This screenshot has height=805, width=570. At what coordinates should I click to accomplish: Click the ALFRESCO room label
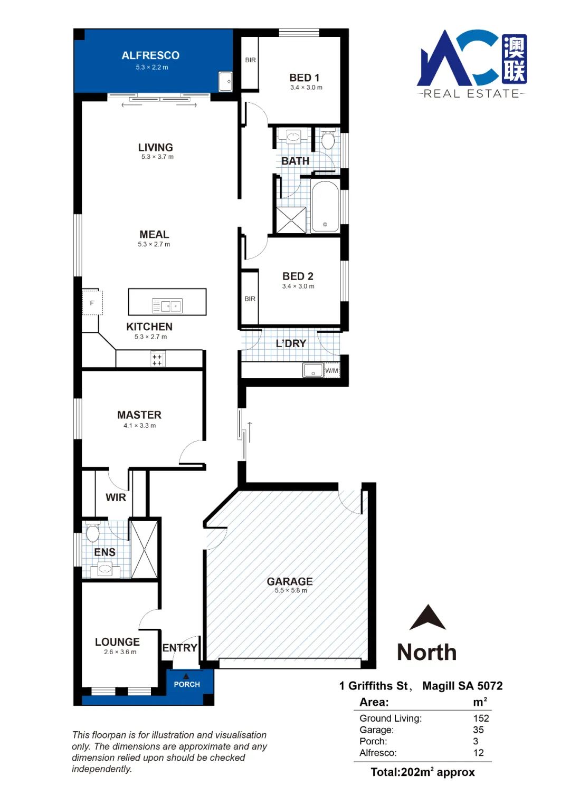tap(150, 55)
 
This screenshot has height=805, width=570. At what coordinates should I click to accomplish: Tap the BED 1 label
tap(304, 78)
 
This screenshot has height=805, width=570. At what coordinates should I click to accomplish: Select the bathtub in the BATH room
tap(325, 206)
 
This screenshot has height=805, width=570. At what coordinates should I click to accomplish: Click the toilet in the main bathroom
tap(327, 139)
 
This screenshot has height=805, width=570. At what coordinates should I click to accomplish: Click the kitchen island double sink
tap(167, 305)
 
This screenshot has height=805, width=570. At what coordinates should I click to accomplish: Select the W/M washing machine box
tap(331, 370)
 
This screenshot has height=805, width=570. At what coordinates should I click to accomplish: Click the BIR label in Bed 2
tap(250, 299)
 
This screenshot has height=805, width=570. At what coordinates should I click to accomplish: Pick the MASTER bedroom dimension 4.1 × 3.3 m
tap(139, 426)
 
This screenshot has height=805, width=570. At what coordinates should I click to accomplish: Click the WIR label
tap(116, 497)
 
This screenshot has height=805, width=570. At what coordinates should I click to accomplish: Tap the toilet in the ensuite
tap(92, 532)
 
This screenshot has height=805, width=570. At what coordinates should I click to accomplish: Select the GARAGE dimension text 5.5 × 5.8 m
tap(291, 590)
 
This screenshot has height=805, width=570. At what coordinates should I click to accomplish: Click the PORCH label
tap(187, 684)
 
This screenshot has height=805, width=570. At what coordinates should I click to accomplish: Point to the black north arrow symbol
tap(427, 617)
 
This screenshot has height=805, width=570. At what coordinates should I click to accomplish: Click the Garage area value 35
tap(478, 730)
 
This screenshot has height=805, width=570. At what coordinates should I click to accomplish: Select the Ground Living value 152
tap(481, 718)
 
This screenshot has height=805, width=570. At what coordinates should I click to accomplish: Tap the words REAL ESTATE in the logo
tap(471, 94)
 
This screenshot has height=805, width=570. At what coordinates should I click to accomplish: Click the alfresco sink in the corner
tap(225, 81)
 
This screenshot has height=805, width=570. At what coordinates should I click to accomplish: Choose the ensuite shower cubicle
tap(144, 549)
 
